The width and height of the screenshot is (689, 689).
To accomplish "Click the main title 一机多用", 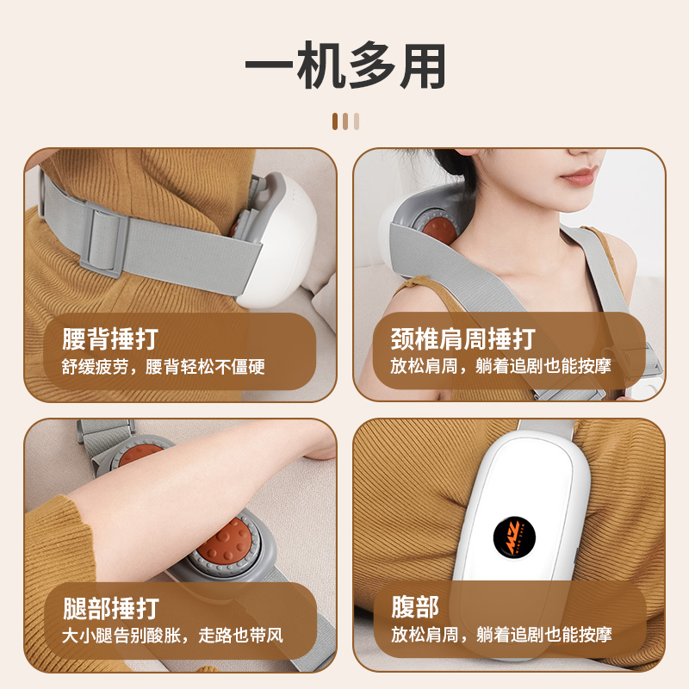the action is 345,65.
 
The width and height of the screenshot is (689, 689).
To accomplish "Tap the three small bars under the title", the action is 346,121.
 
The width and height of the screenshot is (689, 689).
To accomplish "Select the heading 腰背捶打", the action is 110,338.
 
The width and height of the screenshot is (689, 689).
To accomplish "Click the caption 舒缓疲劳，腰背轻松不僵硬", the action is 163,367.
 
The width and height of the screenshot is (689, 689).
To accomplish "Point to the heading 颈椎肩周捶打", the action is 463,338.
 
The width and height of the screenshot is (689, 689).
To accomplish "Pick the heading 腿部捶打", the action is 111,608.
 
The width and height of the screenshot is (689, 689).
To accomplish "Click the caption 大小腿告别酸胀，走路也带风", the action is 172,636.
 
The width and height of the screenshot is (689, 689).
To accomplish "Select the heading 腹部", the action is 415,607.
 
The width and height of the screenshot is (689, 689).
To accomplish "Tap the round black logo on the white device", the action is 514,537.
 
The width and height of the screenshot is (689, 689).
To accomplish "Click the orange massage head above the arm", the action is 140,455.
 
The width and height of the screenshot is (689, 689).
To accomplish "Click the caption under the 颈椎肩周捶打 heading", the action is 500,366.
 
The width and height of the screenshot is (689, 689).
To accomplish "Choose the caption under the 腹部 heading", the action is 501,635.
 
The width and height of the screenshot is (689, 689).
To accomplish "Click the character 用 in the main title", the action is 423,66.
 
